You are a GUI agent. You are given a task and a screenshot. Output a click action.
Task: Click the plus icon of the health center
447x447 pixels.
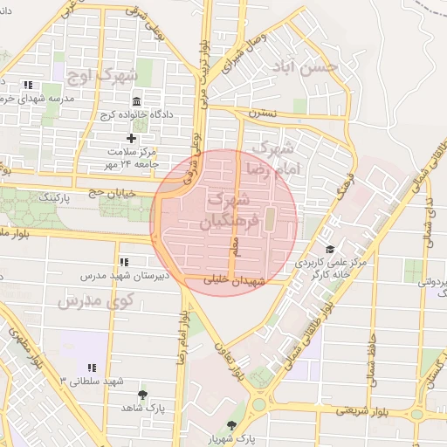tap(132, 138)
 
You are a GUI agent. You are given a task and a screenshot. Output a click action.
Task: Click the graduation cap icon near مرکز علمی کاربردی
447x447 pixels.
tap(329, 250)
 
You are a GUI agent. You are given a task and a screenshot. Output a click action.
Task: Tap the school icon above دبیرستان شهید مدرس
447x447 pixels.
tap(123, 261)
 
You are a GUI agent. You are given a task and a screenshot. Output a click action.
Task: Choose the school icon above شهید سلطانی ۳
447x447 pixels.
tap(92, 368)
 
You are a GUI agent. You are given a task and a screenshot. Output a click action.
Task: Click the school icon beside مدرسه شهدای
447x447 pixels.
tap(28, 86)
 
